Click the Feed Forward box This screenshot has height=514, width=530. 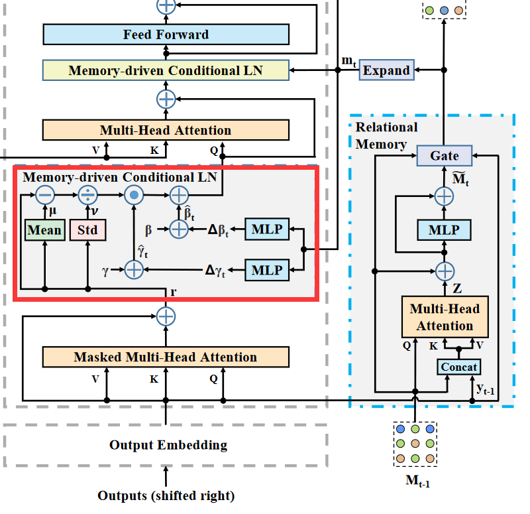(166, 34)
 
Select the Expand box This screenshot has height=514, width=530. (386, 70)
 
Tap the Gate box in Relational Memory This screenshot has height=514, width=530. (444, 156)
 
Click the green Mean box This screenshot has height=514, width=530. (44, 230)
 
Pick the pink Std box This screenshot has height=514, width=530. (87, 230)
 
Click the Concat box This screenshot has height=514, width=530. (458, 367)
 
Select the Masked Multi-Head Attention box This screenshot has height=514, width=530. (166, 357)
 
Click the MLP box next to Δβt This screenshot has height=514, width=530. (268, 229)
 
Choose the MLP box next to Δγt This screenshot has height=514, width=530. (268, 270)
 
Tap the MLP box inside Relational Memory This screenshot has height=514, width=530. (444, 230)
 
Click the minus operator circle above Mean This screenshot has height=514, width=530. (44, 195)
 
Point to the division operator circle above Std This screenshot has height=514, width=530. (87, 195)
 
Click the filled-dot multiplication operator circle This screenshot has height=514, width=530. (134, 195)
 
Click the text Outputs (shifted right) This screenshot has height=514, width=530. (166, 495)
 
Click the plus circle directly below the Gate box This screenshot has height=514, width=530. (444, 196)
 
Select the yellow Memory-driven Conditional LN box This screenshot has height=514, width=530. (166, 70)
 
